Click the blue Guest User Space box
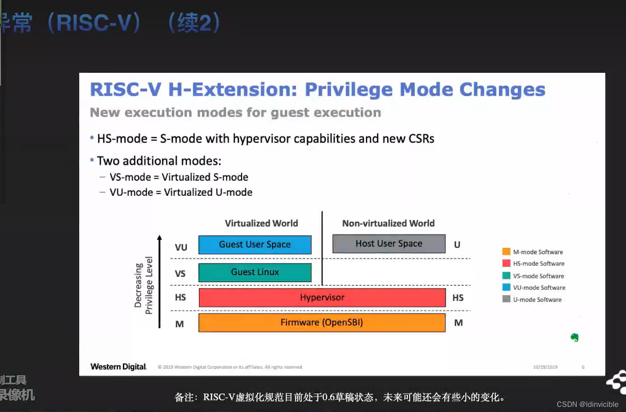[255, 245]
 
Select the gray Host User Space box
[388, 244]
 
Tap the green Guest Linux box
[255, 272]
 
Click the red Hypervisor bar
[322, 298]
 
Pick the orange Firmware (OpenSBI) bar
[322, 323]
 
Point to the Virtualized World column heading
[261, 224]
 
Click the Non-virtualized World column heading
[388, 224]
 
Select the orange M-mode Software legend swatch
[506, 252]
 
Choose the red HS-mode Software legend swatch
[506, 264]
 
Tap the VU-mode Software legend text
[539, 288]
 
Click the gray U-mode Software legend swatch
[506, 300]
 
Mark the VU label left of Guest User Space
[181, 247]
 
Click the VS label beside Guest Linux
[180, 274]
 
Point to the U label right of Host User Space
[457, 245]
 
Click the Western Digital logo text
[118, 367]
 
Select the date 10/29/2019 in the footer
[545, 367]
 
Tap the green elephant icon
[574, 337]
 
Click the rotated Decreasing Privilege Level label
[144, 285]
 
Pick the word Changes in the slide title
[502, 89]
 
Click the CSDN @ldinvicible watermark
[587, 404]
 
